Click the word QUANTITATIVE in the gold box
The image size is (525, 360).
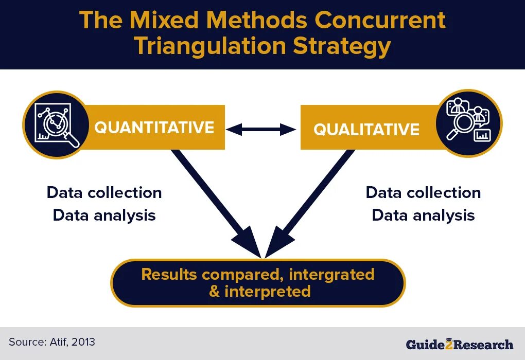click(154, 128)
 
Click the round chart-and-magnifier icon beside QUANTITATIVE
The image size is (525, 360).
click(55, 125)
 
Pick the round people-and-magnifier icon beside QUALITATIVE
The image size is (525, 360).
click(468, 123)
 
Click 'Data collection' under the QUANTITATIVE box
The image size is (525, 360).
click(104, 193)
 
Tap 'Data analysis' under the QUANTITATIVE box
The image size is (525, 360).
click(104, 215)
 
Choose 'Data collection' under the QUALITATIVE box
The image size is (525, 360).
click(423, 193)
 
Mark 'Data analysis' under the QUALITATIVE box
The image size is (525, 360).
click(423, 215)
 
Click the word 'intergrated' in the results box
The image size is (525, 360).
click(331, 274)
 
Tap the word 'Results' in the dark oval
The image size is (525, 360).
click(169, 274)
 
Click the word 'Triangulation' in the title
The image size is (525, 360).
click(208, 46)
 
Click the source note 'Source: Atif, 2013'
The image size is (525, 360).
click(52, 341)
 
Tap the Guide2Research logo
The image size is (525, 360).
click(459, 344)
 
